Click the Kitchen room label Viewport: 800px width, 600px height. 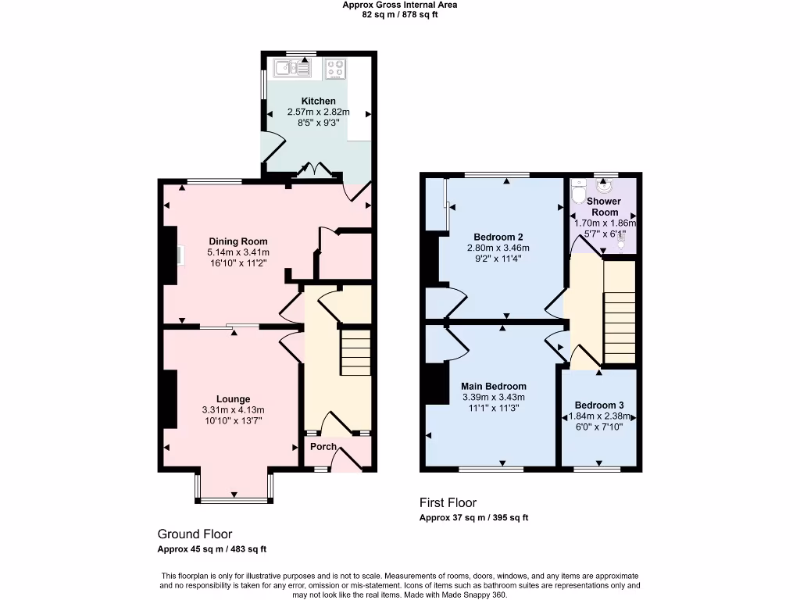(x=319, y=101)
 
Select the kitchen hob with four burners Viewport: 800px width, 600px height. (x=336, y=69)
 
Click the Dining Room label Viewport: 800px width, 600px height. (x=238, y=241)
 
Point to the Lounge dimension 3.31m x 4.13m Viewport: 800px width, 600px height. (x=233, y=410)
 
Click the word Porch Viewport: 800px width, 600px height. (x=323, y=447)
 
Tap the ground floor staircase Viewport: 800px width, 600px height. (x=356, y=352)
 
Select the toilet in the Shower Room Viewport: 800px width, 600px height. (x=578, y=191)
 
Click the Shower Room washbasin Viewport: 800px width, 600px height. (x=605, y=187)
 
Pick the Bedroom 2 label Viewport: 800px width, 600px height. (x=498, y=237)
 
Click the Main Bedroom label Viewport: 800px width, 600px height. (x=494, y=386)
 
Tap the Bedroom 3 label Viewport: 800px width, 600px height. (x=599, y=405)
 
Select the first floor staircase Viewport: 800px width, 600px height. (x=620, y=312)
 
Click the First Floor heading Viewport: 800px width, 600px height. (x=448, y=502)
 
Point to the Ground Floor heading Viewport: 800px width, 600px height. (x=195, y=534)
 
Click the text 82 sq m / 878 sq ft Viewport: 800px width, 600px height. (x=400, y=14)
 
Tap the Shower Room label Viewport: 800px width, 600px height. (x=604, y=207)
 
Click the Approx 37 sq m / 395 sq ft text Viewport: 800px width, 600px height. (x=474, y=518)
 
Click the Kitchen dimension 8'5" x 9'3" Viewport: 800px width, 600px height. (x=319, y=123)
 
